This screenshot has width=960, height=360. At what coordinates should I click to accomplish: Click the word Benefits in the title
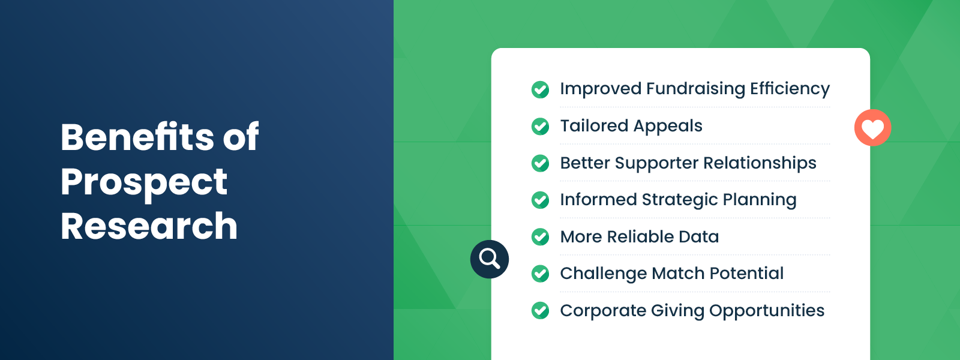coord(137,137)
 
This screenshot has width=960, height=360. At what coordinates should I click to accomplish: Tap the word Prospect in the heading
coord(144,182)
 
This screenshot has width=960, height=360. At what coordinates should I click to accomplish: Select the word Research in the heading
coord(149,226)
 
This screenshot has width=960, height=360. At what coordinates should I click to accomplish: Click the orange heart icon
coord(872,128)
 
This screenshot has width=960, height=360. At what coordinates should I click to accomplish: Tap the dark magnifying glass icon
coord(490,259)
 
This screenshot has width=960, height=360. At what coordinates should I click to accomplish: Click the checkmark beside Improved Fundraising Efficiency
coord(540,89)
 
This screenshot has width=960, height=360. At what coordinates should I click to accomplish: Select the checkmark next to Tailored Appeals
coord(540,126)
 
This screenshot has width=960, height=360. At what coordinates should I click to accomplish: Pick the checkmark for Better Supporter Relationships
coord(540,163)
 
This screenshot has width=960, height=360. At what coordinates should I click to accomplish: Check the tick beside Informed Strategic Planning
coord(540,200)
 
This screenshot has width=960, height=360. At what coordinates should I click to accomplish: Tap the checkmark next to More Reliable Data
coord(540,237)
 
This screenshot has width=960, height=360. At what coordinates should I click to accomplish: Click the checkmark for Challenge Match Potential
coord(540,274)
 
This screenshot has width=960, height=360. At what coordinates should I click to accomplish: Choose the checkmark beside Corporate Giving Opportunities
coord(540,311)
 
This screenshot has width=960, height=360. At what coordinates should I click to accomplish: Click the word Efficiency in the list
coord(790,89)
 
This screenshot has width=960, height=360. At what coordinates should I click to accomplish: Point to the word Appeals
coord(667,126)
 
